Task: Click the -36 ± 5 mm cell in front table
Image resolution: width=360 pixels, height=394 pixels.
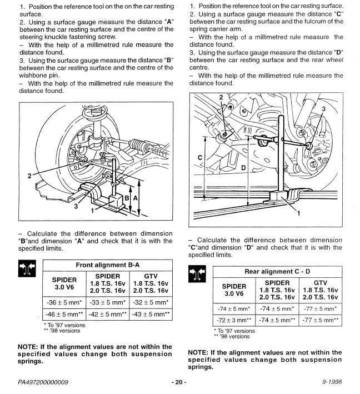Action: click(47, 303)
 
